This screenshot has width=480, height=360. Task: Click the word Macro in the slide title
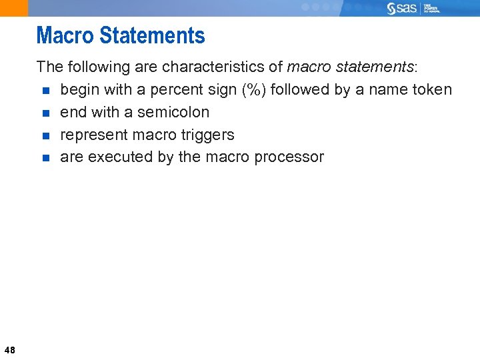64,35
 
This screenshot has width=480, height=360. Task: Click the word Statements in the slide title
150,35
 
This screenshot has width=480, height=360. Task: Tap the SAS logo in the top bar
404,8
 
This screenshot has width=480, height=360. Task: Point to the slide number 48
9,349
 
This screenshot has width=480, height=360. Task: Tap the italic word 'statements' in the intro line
380,67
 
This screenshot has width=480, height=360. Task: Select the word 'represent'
92,135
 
